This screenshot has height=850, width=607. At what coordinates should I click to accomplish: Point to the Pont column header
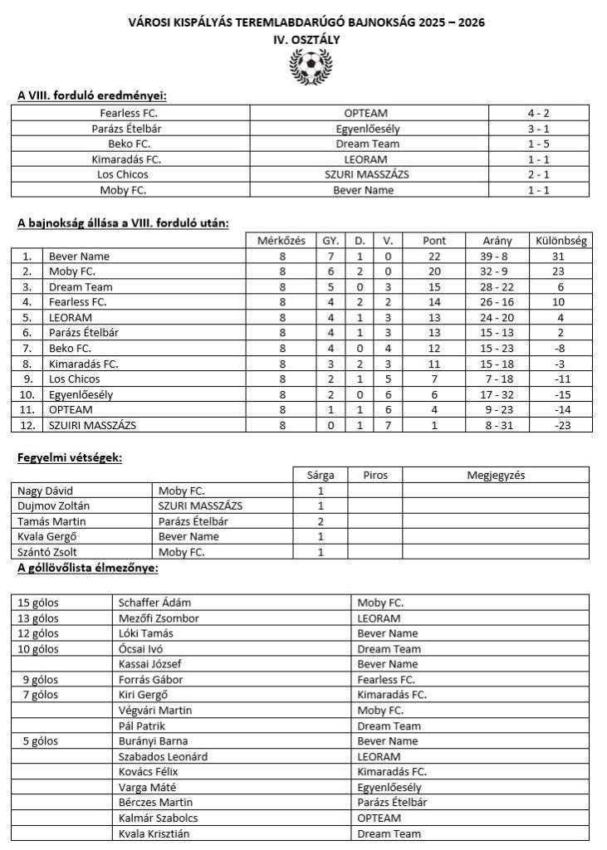coord(434,241)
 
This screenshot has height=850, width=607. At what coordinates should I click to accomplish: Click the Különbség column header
coord(562,241)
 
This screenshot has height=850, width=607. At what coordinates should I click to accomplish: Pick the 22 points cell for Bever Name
coord(434,256)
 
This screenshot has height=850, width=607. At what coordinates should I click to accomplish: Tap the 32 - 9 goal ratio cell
coord(497,271)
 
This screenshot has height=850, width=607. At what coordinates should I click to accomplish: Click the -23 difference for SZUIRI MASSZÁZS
coord(562,425)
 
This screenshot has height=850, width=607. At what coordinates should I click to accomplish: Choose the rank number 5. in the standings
coord(27,317)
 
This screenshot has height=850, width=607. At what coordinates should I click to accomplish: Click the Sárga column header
coord(321,476)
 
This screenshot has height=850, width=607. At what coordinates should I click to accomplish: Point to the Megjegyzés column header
coord(496,476)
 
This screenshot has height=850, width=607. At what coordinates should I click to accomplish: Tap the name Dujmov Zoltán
coord(54,506)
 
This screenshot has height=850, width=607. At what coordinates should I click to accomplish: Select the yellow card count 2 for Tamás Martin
coord(321,522)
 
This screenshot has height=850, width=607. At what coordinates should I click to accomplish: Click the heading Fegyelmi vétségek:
coord(69,457)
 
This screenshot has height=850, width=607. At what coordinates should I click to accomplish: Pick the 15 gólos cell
coord(38,603)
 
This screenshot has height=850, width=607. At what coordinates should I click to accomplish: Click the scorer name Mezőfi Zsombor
coord(159,618)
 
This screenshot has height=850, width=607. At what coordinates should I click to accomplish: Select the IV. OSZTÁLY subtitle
coord(306,38)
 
